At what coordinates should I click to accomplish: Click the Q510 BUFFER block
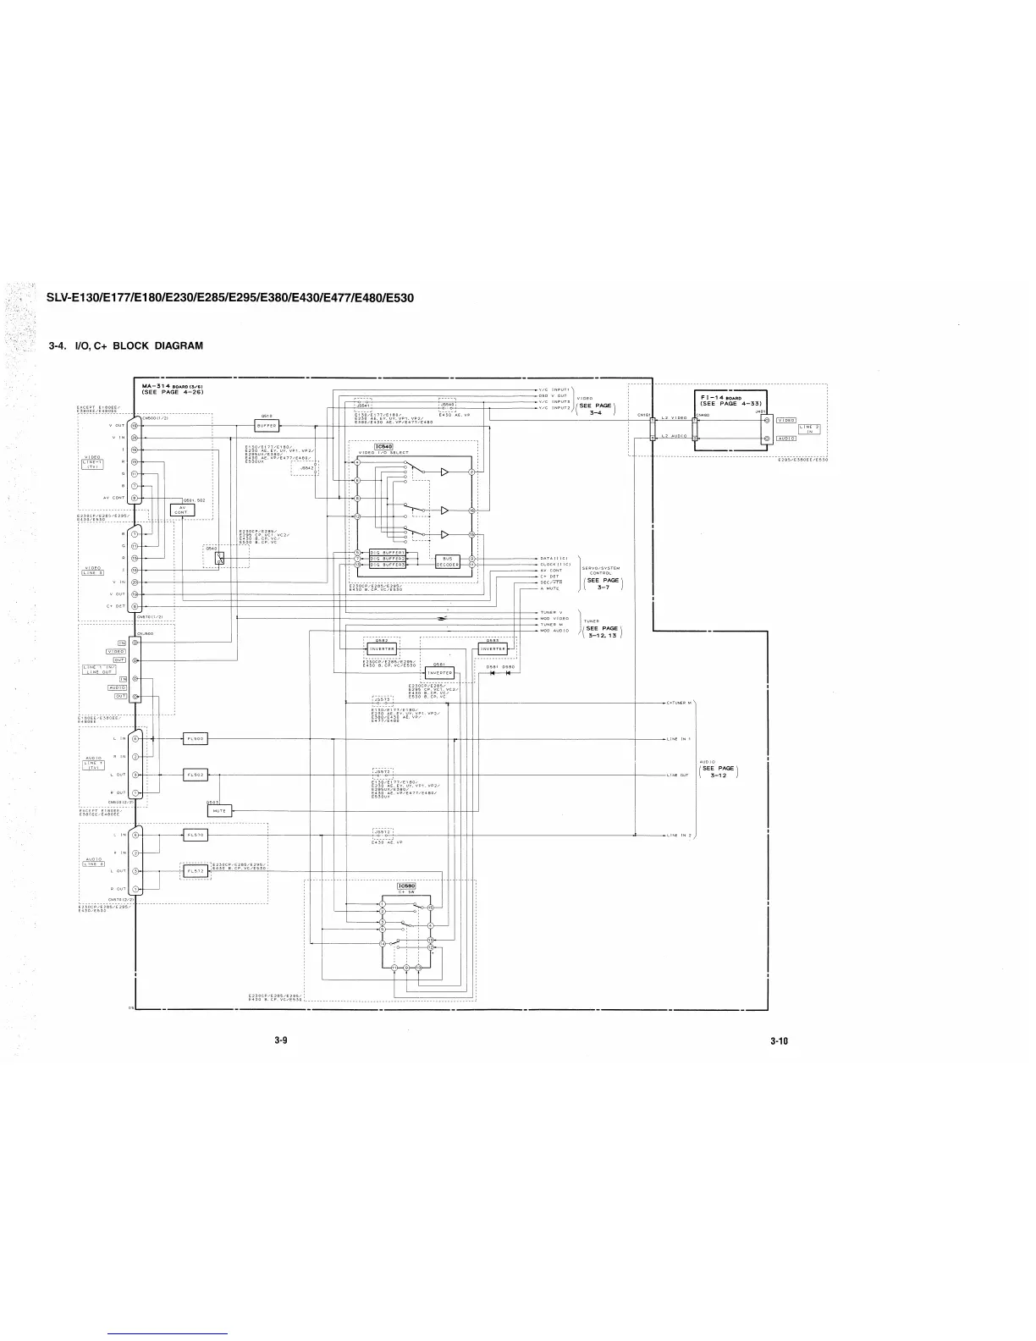click(267, 426)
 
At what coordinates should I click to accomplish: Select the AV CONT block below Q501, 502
click(182, 510)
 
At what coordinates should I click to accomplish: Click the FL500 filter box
click(196, 739)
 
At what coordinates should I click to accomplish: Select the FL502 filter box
click(196, 775)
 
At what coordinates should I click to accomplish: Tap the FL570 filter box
click(196, 835)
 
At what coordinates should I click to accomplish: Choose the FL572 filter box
click(196, 870)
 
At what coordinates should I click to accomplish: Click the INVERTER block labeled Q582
click(380, 649)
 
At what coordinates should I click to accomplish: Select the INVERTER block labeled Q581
click(439, 673)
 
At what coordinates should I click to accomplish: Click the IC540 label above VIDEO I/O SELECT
click(383, 446)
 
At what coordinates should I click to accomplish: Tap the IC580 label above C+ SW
click(405, 886)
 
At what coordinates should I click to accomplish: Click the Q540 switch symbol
click(220, 557)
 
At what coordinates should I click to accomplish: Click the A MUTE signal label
click(550, 588)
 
